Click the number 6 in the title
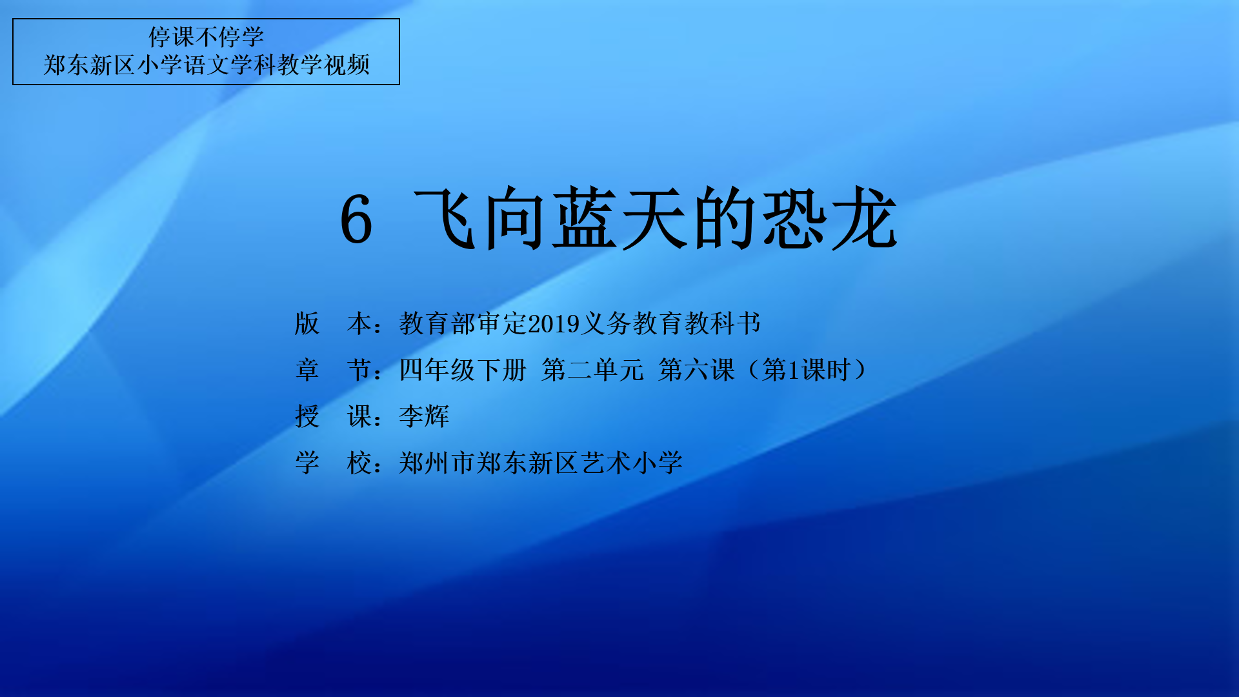pos(356,219)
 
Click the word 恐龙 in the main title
pos(830,218)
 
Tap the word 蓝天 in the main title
pos(619,218)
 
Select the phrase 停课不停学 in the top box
pos(206,37)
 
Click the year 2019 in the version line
pos(553,324)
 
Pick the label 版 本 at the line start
pos(333,323)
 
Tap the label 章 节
pos(333,370)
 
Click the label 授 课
pos(333,416)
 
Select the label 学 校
pos(333,463)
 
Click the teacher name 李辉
pos(424,416)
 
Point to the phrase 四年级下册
pos(463,370)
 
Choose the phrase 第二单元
pos(592,370)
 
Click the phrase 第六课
pos(696,370)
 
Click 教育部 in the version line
pos(438,323)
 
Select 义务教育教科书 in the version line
pos(670,323)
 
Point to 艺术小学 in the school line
pos(631,463)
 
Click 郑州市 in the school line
pos(438,463)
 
